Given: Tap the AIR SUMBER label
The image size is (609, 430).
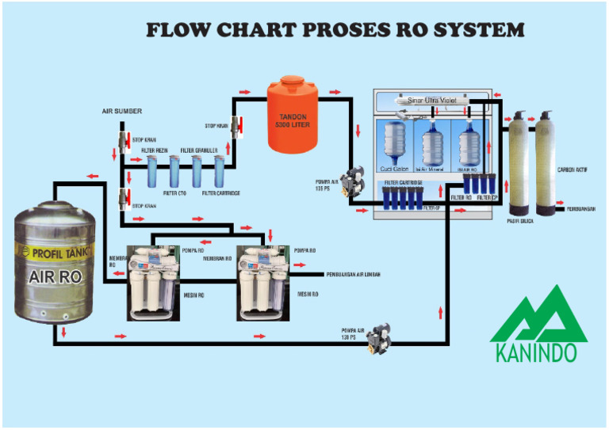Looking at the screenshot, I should pyautogui.click(x=122, y=112).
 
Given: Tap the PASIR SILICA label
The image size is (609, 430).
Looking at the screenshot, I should pyautogui.click(x=519, y=221).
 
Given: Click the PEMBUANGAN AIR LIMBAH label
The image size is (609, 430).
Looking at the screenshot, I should pyautogui.click(x=353, y=275).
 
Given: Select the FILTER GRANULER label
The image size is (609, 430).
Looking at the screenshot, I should pyautogui.click(x=198, y=150).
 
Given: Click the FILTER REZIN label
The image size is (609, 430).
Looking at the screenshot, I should pyautogui.click(x=154, y=150).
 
